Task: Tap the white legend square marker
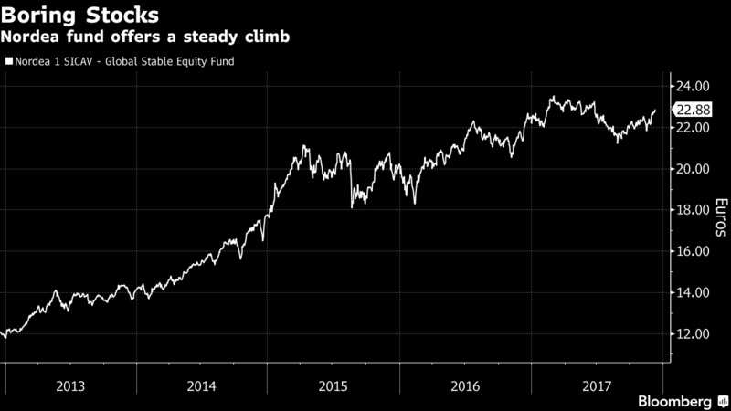coord(9,62)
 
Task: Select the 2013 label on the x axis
coord(71,385)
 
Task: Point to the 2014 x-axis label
coord(202,385)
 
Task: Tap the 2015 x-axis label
coord(333,385)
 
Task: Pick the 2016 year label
coord(464,385)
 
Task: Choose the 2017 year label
coord(595,385)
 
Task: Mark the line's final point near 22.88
coord(655,111)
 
